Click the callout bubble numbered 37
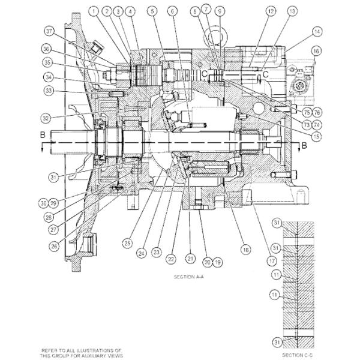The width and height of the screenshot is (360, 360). [x=49, y=31]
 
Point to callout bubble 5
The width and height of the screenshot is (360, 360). [x=152, y=11]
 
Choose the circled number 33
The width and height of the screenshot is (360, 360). [x=49, y=91]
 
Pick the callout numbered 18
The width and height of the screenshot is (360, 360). [x=245, y=248]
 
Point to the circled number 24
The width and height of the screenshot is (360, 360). [x=141, y=253]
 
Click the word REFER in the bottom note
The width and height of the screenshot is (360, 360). [x=49, y=349]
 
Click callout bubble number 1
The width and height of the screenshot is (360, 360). [x=94, y=11]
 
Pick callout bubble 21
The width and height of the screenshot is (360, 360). [x=190, y=258]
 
